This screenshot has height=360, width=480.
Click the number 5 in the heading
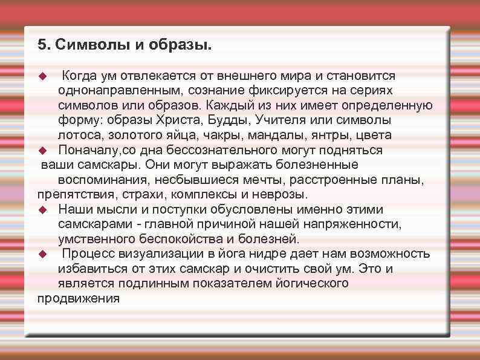point(41,45)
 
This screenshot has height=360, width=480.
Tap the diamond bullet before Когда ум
point(42,76)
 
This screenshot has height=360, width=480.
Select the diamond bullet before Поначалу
point(42,150)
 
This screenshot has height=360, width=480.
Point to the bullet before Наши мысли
point(42,210)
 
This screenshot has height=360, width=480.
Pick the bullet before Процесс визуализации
point(42,254)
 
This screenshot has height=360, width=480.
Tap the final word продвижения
point(79,298)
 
